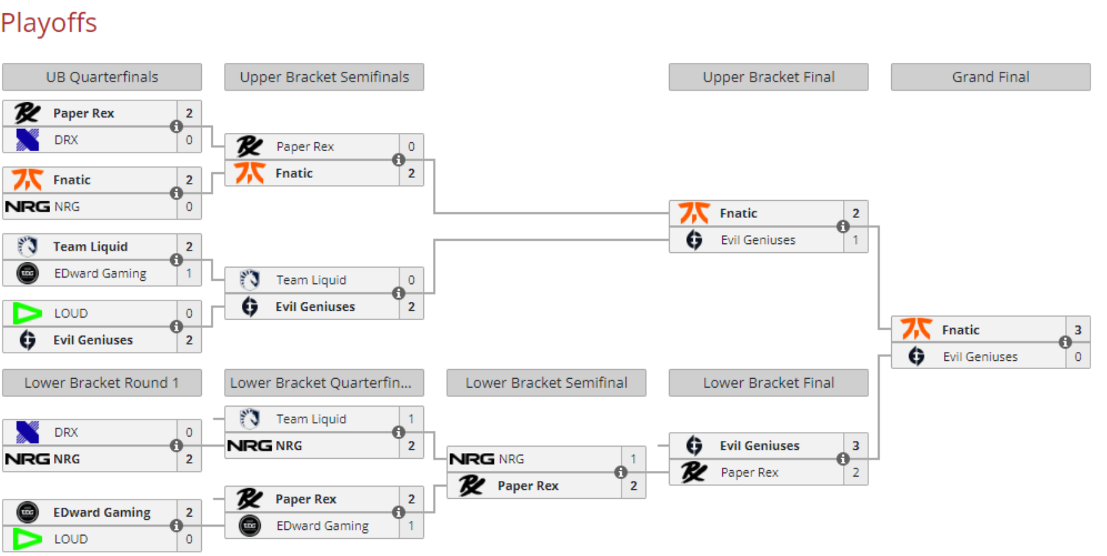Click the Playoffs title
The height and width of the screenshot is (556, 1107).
click(49, 23)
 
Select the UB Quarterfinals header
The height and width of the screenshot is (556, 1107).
click(102, 77)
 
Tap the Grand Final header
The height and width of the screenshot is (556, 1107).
click(990, 77)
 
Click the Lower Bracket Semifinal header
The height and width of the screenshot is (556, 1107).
click(546, 383)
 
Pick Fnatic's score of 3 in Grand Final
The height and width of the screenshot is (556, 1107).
click(1078, 330)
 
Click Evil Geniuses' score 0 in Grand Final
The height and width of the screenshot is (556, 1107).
click(1078, 356)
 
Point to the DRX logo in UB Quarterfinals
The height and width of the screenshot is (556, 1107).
click(27, 140)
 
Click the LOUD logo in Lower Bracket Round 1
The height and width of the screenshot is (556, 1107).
click(27, 539)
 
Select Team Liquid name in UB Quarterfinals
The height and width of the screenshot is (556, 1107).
click(90, 247)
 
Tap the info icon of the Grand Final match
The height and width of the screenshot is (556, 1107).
click(1065, 342)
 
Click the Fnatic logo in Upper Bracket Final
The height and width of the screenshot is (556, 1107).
click(694, 213)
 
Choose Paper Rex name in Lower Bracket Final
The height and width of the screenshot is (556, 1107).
click(749, 472)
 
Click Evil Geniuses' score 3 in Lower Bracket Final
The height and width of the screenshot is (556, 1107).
click(856, 445)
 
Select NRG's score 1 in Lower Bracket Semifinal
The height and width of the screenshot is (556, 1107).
click(633, 459)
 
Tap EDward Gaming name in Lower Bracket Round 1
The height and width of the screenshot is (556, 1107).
click(102, 512)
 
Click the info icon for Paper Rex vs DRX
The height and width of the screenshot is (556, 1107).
click(176, 126)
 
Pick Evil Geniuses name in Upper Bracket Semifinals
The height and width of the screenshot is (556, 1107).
click(315, 306)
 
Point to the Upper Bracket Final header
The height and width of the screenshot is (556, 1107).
click(768, 77)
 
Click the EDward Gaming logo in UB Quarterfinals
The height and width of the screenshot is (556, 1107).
click(27, 273)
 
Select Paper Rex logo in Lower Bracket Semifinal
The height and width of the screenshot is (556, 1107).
click(472, 485)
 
